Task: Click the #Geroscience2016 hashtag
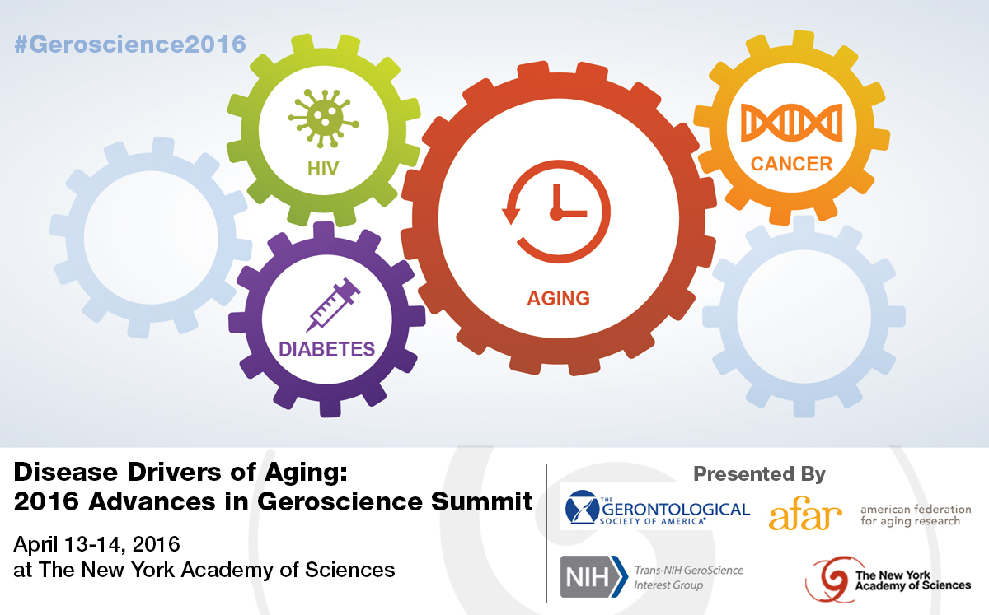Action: [130, 44]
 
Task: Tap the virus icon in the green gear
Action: [324, 119]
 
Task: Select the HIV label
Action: [323, 169]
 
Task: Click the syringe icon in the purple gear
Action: [333, 305]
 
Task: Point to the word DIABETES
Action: [326, 349]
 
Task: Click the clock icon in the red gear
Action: [556, 212]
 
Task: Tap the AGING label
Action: [559, 298]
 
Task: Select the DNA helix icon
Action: [792, 123]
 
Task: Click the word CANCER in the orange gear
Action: [792, 164]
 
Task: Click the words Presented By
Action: [759, 474]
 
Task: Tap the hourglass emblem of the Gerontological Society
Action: [583, 507]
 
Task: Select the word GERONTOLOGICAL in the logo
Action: [676, 510]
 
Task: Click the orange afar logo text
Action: [805, 513]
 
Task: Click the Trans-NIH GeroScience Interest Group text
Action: [689, 577]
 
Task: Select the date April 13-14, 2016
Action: [96, 544]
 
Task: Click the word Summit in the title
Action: [481, 501]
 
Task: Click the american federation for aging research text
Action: [916, 515]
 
